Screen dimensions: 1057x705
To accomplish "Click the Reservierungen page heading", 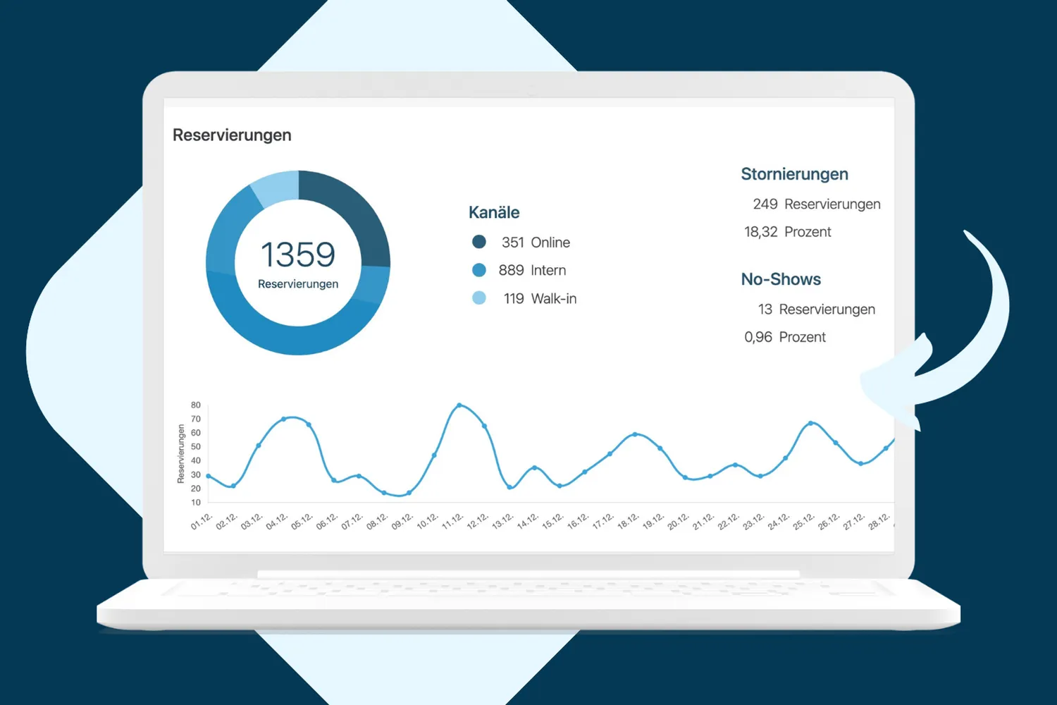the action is [x=232, y=135].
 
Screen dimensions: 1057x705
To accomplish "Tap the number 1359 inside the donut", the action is [x=298, y=255].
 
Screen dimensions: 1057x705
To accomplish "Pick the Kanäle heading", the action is [x=493, y=212].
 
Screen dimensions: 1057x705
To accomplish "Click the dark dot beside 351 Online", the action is [x=479, y=242].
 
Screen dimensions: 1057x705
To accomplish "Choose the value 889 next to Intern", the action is [x=511, y=270].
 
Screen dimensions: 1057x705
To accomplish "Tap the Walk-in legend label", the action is [x=553, y=298].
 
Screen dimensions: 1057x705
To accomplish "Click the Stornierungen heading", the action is [x=794, y=174].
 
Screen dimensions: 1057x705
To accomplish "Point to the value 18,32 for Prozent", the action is [x=760, y=232].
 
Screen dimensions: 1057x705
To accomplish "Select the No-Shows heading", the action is [x=781, y=279].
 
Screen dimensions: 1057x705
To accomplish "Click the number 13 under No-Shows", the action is [x=765, y=309].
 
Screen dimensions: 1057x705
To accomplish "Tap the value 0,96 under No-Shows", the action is [x=758, y=337].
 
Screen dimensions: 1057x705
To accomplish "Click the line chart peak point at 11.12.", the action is [x=459, y=405].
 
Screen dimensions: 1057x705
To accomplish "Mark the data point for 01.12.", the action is [x=209, y=476].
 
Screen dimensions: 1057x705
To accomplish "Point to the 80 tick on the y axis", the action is [x=196, y=405].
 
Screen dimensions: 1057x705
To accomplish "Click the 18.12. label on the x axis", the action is [x=628, y=521].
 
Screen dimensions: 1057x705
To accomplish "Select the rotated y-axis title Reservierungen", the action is [x=180, y=453].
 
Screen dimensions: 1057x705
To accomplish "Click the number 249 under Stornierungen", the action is [x=765, y=204].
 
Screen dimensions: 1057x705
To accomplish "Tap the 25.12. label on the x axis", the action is [x=803, y=521].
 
